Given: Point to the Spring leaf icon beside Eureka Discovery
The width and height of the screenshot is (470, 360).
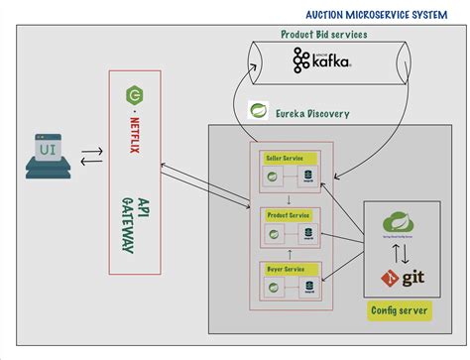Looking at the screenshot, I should pos(260,111).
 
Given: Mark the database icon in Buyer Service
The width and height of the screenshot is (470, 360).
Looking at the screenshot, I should pos(309,289).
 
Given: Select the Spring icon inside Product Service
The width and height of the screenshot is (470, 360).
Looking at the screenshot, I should pos(269,234).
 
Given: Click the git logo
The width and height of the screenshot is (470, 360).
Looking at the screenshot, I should pos(408,279).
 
